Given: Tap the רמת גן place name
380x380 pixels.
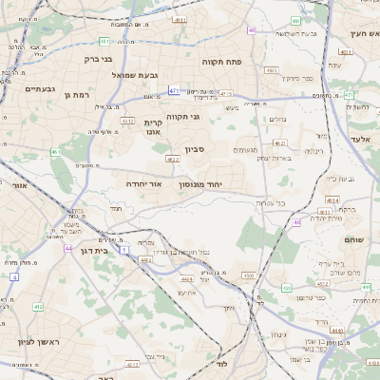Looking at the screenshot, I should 75,95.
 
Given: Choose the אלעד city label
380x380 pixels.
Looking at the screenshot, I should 364,139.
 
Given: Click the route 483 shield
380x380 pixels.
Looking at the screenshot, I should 272,69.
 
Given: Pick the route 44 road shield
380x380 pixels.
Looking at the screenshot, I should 68,248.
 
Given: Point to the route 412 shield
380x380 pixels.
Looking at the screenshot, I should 38,307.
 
